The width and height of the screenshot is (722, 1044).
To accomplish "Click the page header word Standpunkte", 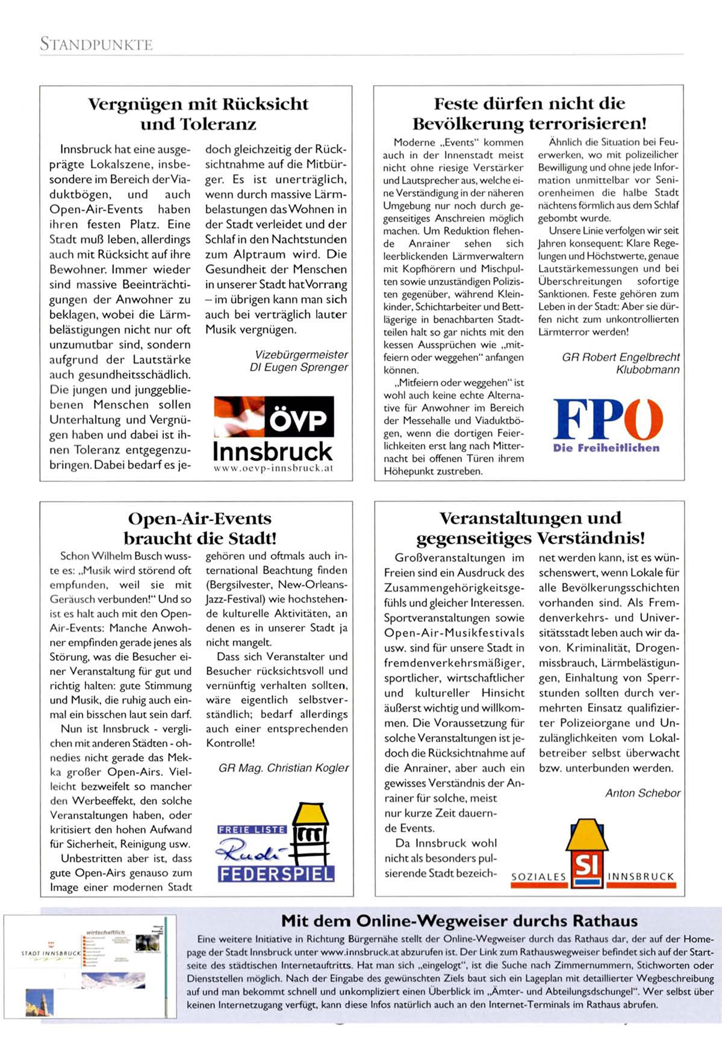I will tap(96, 44).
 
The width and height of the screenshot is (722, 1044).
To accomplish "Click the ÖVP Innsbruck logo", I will tap(273, 433).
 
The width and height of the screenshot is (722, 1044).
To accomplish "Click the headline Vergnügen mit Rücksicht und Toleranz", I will tap(198, 114).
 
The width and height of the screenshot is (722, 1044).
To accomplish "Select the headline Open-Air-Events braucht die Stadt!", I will tap(200, 528).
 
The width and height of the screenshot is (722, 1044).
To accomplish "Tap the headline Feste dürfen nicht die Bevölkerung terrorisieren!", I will tap(529, 113).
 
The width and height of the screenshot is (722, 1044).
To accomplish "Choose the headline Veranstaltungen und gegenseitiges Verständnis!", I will tap(530, 527).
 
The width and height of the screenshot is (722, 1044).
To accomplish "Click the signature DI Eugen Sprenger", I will tap(299, 367).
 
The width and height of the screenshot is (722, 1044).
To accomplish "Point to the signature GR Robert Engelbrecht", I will tap(621, 357).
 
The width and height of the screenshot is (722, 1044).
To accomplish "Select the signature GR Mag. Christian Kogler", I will tap(284, 767).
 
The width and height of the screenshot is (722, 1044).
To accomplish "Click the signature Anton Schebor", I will tap(643, 793).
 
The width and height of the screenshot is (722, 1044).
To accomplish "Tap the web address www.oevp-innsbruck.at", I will tap(273, 467).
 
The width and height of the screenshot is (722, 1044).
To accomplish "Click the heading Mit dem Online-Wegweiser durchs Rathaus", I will tap(459, 921).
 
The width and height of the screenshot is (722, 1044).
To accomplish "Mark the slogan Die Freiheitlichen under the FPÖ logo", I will tap(606, 448).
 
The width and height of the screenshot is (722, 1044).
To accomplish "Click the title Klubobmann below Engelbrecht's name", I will tap(647, 369).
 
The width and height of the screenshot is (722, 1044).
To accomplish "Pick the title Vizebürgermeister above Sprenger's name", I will tap(301, 354).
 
